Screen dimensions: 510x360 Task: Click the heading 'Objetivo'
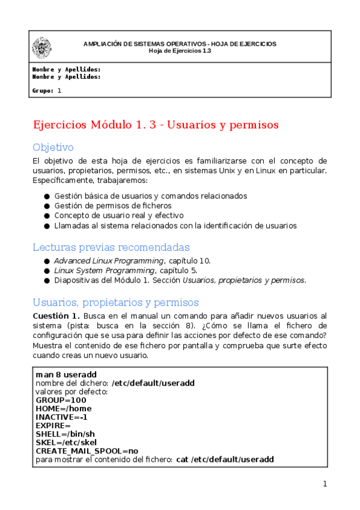(x=53, y=147)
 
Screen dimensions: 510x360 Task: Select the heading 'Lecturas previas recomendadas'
(x=111, y=247)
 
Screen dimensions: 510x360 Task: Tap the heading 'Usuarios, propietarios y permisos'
(x=115, y=303)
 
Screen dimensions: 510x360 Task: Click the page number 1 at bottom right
(x=325, y=484)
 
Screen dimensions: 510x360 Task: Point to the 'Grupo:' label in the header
(x=43, y=91)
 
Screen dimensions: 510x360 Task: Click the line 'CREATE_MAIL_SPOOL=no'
(x=87, y=450)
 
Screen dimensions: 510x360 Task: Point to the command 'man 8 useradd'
(x=66, y=375)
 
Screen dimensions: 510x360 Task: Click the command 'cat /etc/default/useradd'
(x=225, y=459)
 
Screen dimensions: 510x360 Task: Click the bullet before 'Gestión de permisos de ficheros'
(x=46, y=206)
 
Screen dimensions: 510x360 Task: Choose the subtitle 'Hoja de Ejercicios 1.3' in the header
(x=180, y=51)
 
